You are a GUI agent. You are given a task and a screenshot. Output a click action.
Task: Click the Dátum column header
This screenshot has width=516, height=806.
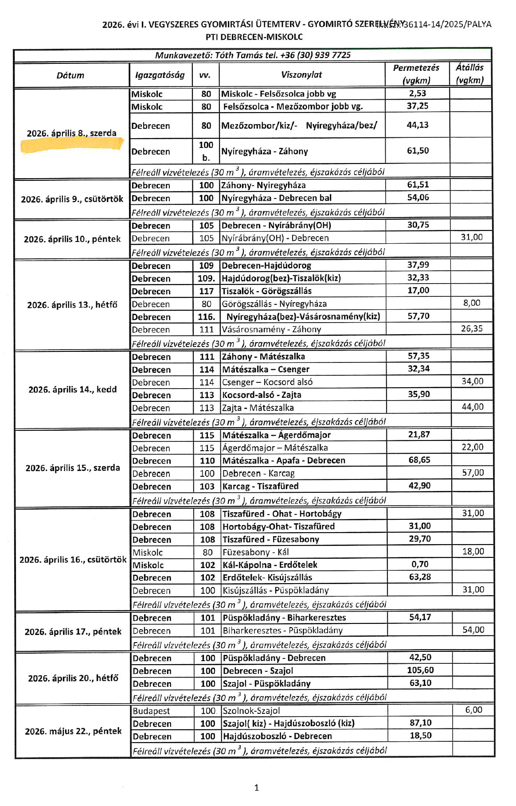[70, 75]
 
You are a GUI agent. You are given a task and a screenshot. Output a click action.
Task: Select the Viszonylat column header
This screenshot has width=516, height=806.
[301, 74]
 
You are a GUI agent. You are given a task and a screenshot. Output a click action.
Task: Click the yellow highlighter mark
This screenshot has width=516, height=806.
[72, 145]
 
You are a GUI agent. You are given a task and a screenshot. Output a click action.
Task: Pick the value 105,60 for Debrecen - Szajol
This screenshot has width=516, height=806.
[420, 670]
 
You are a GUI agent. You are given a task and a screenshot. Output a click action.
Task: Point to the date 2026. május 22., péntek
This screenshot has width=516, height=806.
[73, 731]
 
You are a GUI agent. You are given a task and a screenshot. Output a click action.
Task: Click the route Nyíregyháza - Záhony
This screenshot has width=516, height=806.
[264, 151]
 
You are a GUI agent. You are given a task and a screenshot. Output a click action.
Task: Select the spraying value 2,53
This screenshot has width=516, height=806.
[417, 93]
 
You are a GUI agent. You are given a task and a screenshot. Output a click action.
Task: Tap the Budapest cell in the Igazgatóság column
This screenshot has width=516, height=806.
[151, 711]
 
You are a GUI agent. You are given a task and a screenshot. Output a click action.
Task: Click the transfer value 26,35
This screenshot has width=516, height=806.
[471, 329]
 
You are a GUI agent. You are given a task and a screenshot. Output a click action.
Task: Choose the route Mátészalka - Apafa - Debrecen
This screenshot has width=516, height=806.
[284, 460]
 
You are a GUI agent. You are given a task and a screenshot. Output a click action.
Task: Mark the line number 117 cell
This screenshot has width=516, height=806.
[206, 291]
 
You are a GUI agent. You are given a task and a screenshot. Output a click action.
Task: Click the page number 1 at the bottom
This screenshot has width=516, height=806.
[256, 787]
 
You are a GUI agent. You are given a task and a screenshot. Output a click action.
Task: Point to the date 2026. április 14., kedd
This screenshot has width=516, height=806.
[72, 389]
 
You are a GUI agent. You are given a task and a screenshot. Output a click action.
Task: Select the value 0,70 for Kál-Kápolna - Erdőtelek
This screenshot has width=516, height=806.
[420, 564]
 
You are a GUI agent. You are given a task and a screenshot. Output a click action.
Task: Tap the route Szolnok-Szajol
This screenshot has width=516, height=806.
[251, 711]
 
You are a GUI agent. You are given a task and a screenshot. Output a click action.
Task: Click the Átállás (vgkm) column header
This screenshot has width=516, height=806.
[470, 74]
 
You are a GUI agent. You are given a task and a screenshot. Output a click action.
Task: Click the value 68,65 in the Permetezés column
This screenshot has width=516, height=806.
[419, 460]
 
